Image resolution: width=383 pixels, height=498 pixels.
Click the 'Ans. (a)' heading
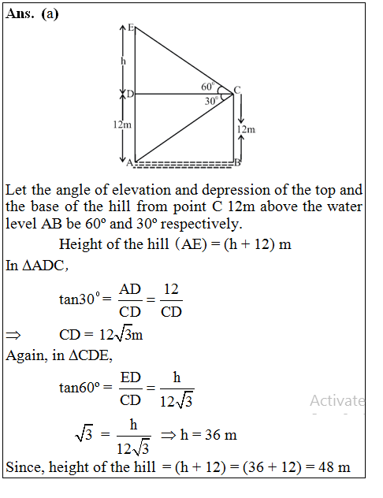(32, 14)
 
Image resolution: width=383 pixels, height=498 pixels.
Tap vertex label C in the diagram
(236, 88)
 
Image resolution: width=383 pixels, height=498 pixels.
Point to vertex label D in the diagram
(129, 95)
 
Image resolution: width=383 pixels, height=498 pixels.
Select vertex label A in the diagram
(130, 163)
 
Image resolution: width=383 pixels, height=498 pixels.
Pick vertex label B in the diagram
(237, 163)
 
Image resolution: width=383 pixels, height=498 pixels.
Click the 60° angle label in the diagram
(208, 86)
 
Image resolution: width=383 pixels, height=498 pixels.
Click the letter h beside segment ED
(123, 60)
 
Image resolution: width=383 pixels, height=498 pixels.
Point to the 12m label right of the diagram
(247, 128)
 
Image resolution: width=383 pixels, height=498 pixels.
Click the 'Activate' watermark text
(337, 400)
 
